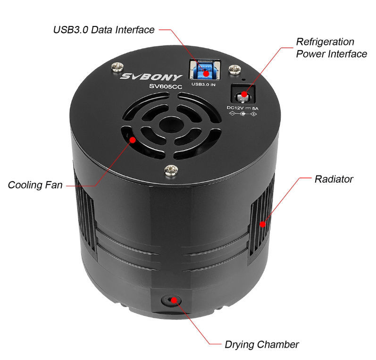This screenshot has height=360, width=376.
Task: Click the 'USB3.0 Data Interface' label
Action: (x=104, y=30)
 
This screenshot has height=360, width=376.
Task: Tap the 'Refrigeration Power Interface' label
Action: (x=331, y=48)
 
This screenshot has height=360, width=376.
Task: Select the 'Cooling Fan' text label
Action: (x=35, y=185)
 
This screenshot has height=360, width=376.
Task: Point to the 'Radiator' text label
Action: (x=334, y=179)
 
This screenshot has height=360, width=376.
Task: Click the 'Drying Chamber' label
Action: (x=262, y=344)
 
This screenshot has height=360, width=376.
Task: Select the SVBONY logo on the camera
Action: (x=151, y=77)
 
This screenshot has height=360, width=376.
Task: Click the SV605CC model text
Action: (x=166, y=86)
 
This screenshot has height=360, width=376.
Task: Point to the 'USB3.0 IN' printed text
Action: (x=203, y=84)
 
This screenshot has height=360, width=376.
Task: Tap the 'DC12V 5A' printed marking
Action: (x=242, y=108)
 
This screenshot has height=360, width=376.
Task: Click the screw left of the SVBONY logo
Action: (x=117, y=67)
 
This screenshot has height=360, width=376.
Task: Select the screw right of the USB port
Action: (x=234, y=69)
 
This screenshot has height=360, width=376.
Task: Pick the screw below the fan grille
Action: (x=171, y=170)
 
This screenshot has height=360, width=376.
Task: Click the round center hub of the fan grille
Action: (x=171, y=124)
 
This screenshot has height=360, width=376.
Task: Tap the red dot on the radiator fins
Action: (x=263, y=224)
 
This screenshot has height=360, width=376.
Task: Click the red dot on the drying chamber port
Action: (x=174, y=300)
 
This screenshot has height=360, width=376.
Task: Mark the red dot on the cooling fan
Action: (x=133, y=140)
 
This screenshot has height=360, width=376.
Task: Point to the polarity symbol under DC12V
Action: (x=242, y=114)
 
